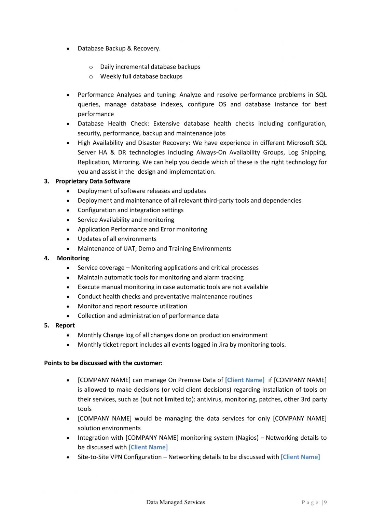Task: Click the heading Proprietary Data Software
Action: click(93, 181)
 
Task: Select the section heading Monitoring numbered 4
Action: click(73, 258)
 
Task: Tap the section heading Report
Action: click(65, 325)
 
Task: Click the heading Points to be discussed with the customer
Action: click(103, 363)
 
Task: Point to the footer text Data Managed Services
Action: click(176, 502)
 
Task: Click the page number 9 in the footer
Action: click(326, 502)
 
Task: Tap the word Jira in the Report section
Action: click(223, 345)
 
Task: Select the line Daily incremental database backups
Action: click(150, 67)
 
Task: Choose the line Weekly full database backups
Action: click(141, 76)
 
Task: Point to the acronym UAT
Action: click(129, 249)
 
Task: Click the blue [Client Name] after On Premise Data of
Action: click(245, 380)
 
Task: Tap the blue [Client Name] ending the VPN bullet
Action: click(300, 457)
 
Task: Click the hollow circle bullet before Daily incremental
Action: click(91, 67)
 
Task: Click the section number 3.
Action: click(46, 181)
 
